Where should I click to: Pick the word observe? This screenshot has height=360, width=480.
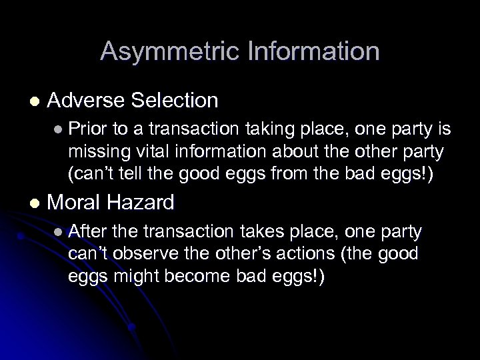point(144,255)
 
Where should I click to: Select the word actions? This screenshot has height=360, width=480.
point(315,255)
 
